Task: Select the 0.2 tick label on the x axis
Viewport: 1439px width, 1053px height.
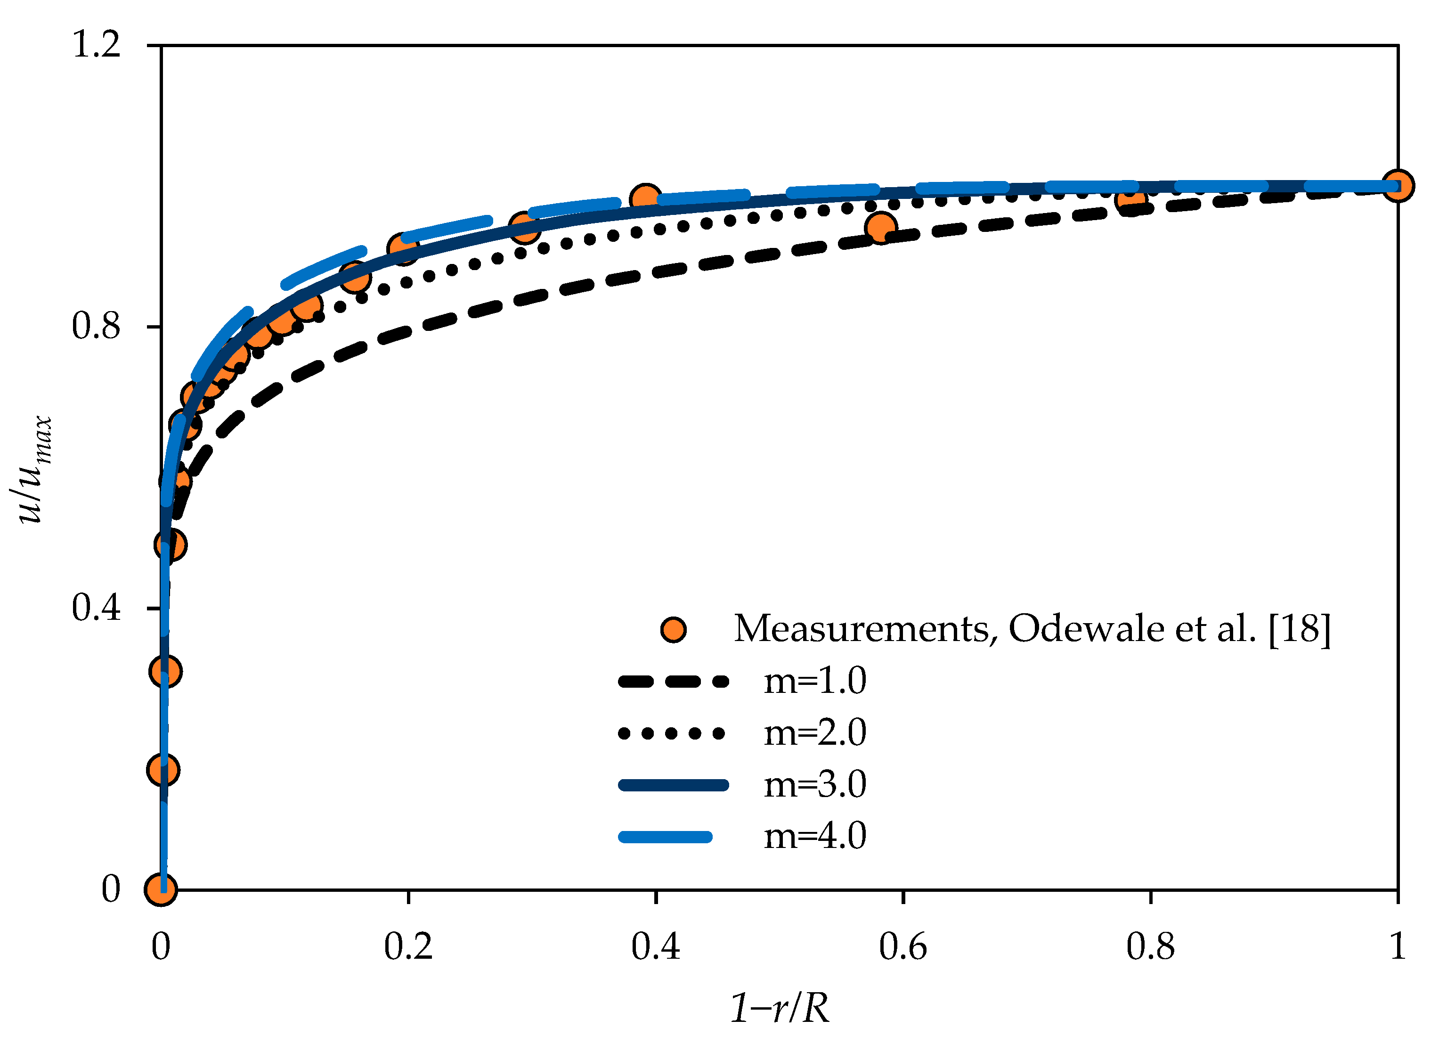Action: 408,946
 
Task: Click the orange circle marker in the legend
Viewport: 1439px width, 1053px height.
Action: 673,630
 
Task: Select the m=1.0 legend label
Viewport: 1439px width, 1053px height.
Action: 815,681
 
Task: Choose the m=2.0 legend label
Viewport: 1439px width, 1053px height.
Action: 815,732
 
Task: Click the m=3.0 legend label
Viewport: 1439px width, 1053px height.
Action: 815,784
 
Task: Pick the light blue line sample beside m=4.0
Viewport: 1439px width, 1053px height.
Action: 666,836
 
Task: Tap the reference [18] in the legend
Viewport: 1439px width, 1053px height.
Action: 1300,629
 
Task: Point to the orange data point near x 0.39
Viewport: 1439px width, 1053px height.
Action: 645,199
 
